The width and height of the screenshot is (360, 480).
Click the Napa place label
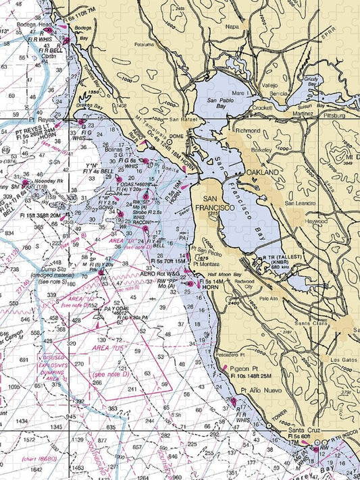coord(232,27)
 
